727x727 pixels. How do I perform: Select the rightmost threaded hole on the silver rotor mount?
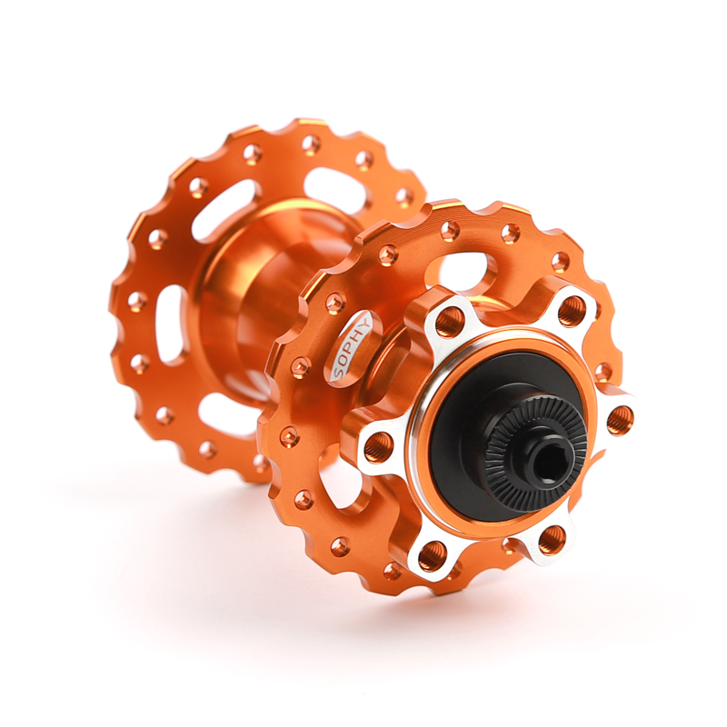click(620, 419)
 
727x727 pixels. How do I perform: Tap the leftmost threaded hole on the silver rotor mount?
click(378, 445)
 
